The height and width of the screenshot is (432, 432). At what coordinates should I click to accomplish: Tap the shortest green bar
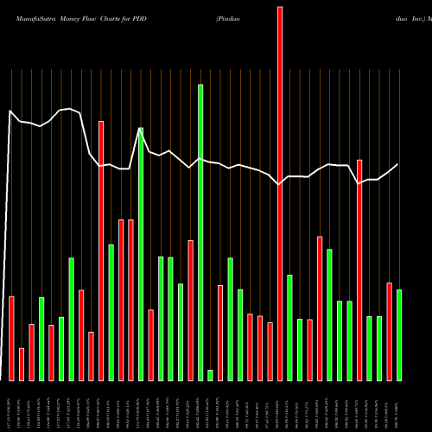210,375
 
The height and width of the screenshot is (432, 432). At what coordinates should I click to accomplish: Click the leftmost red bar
12,338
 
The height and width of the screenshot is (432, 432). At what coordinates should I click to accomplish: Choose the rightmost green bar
399,334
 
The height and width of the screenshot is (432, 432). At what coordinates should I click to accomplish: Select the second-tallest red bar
101,251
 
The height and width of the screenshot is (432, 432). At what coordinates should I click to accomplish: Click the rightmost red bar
389,331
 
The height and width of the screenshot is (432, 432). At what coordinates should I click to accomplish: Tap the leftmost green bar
41,339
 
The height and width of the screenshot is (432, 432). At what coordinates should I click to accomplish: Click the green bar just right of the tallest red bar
289,327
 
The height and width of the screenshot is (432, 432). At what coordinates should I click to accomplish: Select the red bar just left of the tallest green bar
190,310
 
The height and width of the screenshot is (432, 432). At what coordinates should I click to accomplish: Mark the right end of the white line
398,164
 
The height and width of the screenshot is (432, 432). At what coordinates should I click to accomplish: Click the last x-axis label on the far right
399,406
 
